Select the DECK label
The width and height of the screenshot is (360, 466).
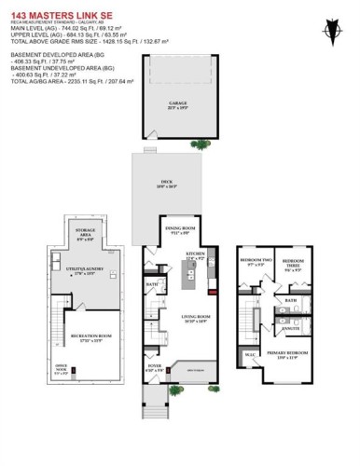(168, 185)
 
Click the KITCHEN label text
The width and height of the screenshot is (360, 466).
(194, 254)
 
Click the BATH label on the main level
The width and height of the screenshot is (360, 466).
(151, 284)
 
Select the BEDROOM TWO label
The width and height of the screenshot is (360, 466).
(256, 263)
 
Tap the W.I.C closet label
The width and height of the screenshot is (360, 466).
(250, 354)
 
